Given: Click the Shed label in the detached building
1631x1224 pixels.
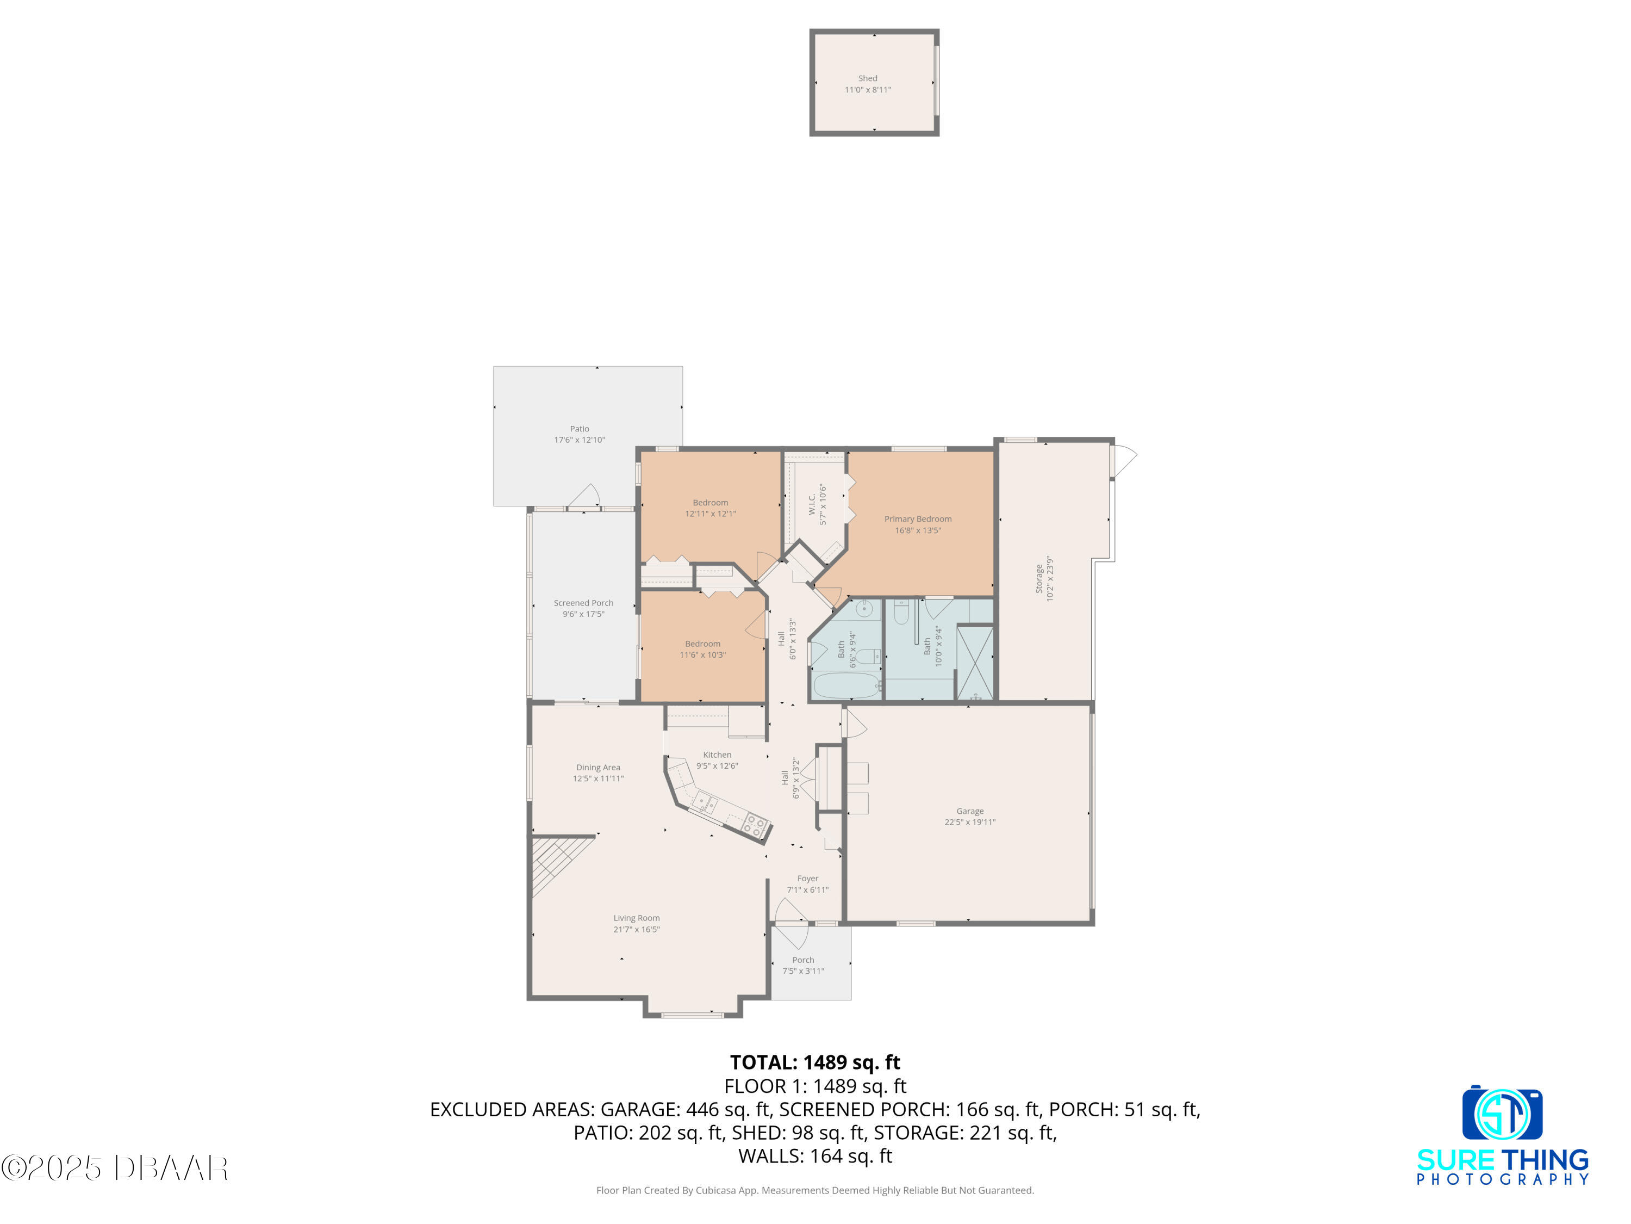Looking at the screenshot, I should pyautogui.click(x=867, y=78).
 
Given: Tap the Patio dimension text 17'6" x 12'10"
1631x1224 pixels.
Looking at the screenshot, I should pyautogui.click(x=580, y=440).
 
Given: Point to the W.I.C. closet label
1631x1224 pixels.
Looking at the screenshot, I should pyautogui.click(x=812, y=505).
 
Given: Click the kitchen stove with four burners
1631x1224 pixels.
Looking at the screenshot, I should pyautogui.click(x=755, y=825).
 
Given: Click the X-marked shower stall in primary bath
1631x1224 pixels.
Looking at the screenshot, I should pyautogui.click(x=975, y=663).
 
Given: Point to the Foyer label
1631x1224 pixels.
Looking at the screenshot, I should pyautogui.click(x=807, y=879).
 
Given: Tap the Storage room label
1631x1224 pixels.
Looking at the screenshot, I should pyautogui.click(x=1039, y=579).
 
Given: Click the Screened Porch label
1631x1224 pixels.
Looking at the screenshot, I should pyautogui.click(x=583, y=603).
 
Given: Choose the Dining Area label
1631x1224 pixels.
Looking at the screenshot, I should pyautogui.click(x=598, y=767).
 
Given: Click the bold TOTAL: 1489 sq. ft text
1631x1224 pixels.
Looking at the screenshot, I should pyautogui.click(x=815, y=1062).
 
